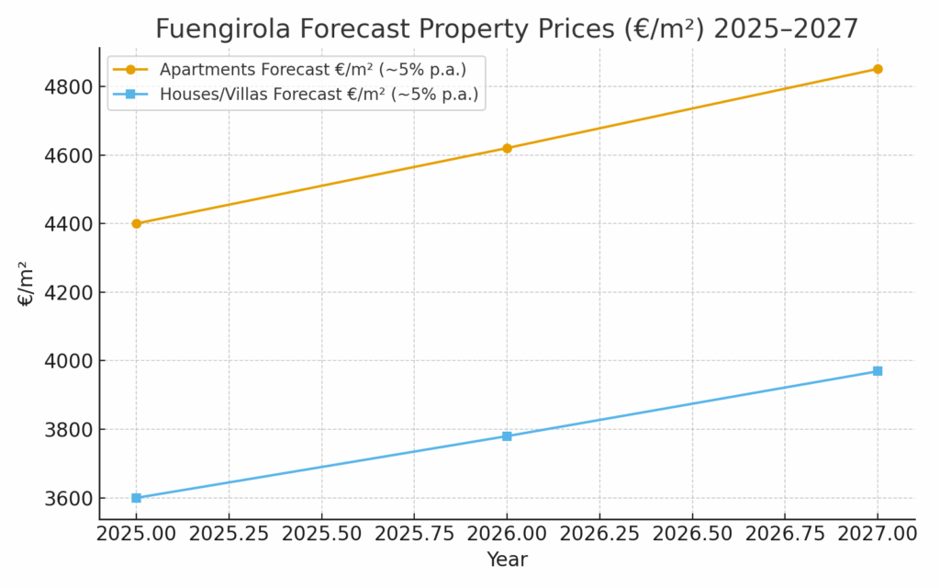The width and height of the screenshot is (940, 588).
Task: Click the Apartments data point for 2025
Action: (x=136, y=223)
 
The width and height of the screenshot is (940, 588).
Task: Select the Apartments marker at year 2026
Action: (x=507, y=148)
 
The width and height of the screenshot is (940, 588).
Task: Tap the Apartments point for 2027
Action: (x=878, y=69)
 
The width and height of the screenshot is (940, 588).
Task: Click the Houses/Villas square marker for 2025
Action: (x=136, y=498)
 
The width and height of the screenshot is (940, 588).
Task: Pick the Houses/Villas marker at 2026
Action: (x=507, y=436)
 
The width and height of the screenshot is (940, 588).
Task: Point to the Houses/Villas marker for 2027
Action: (x=878, y=371)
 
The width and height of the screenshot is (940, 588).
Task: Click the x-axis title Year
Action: (x=507, y=560)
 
